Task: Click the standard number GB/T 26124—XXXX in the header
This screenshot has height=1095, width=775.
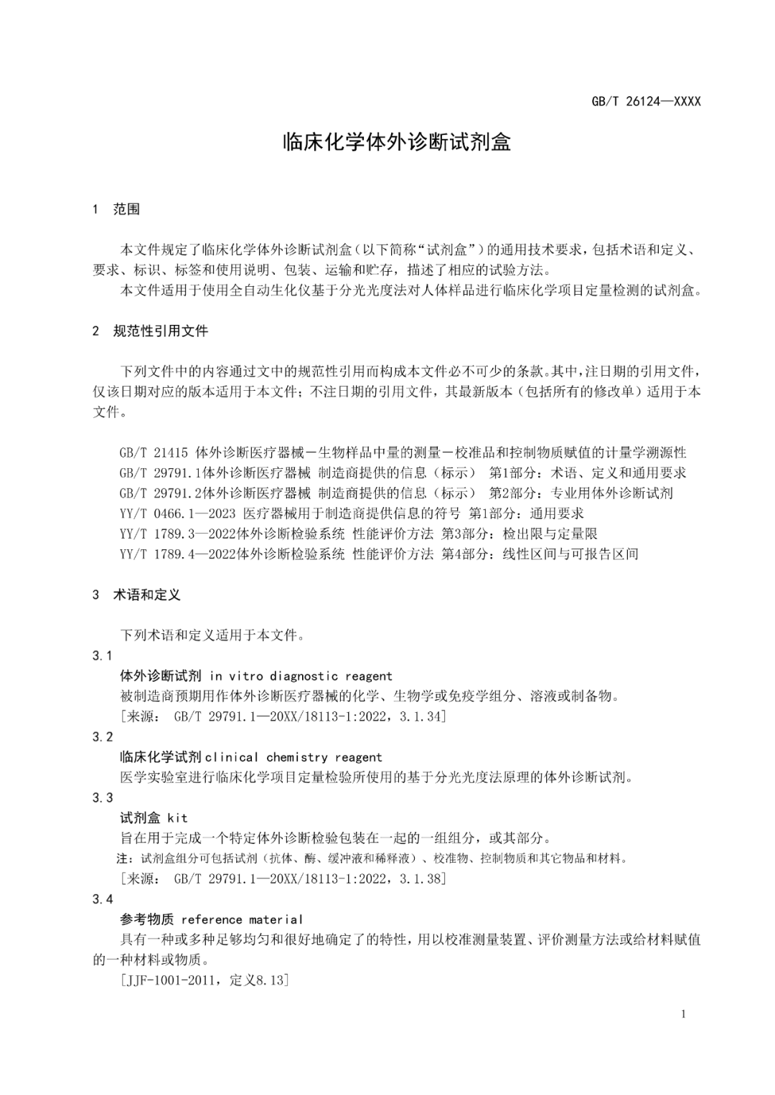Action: tap(646, 101)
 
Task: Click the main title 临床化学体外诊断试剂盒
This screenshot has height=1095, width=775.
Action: tap(397, 142)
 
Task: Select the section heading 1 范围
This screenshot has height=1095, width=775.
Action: tap(116, 209)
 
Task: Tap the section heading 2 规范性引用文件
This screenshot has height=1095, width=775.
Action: tap(150, 331)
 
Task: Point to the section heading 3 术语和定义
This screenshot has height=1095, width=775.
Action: tap(136, 594)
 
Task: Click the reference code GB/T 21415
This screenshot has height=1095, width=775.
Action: tap(154, 452)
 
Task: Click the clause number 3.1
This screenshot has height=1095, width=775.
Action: tap(103, 655)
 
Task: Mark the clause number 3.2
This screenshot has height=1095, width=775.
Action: tap(103, 736)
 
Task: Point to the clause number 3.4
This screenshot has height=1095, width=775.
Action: tap(103, 899)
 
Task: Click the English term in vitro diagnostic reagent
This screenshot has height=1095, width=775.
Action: tap(301, 676)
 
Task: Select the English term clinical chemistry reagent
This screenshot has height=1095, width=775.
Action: tap(293, 757)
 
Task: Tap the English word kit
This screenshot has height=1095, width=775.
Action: tap(177, 818)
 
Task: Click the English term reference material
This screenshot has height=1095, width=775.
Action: tap(242, 919)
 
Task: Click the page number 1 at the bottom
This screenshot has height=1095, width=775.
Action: tap(683, 1014)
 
